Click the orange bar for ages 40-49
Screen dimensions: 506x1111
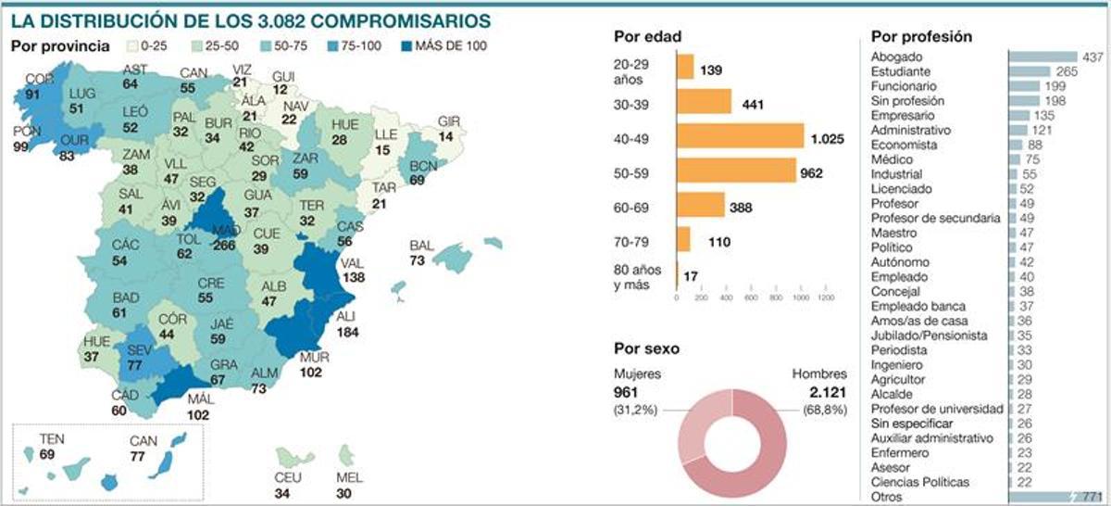click(x=740, y=136)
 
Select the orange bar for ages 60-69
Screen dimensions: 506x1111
click(x=701, y=205)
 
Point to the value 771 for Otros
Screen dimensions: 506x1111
click(x=1090, y=497)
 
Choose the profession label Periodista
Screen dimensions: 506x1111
click(x=899, y=350)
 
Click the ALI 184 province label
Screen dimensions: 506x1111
click(x=348, y=325)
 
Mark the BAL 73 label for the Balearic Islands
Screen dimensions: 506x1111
click(x=421, y=253)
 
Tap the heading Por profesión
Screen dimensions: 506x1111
click(x=921, y=36)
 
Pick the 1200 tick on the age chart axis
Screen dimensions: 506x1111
click(x=827, y=298)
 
